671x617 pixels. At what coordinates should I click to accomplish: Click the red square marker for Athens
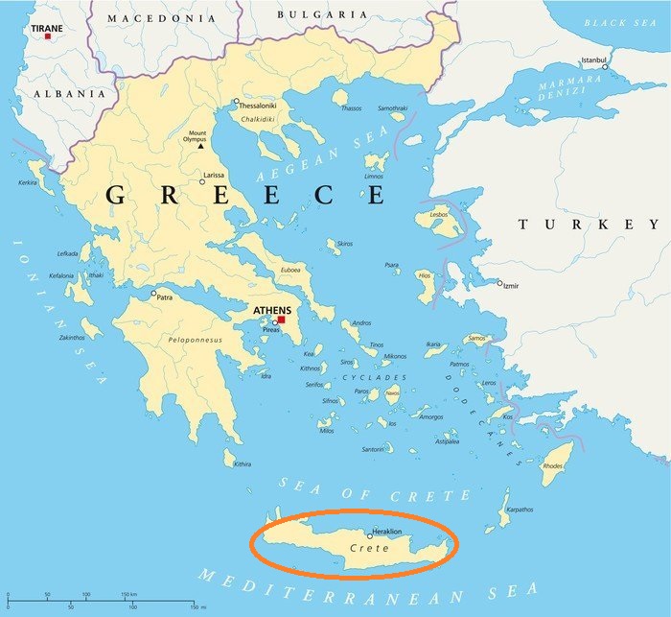click(281, 320)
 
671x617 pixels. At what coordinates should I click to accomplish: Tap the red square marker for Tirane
click(47, 36)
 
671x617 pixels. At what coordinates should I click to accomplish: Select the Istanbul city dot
click(605, 67)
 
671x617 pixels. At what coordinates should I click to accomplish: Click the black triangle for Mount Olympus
click(200, 145)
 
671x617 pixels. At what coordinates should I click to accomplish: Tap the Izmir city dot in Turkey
click(498, 283)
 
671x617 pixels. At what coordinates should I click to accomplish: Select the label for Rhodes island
click(553, 466)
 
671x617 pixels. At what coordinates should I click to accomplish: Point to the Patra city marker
click(153, 294)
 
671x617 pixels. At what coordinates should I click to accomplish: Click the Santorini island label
click(372, 449)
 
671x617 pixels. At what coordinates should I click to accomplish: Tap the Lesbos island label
click(439, 214)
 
